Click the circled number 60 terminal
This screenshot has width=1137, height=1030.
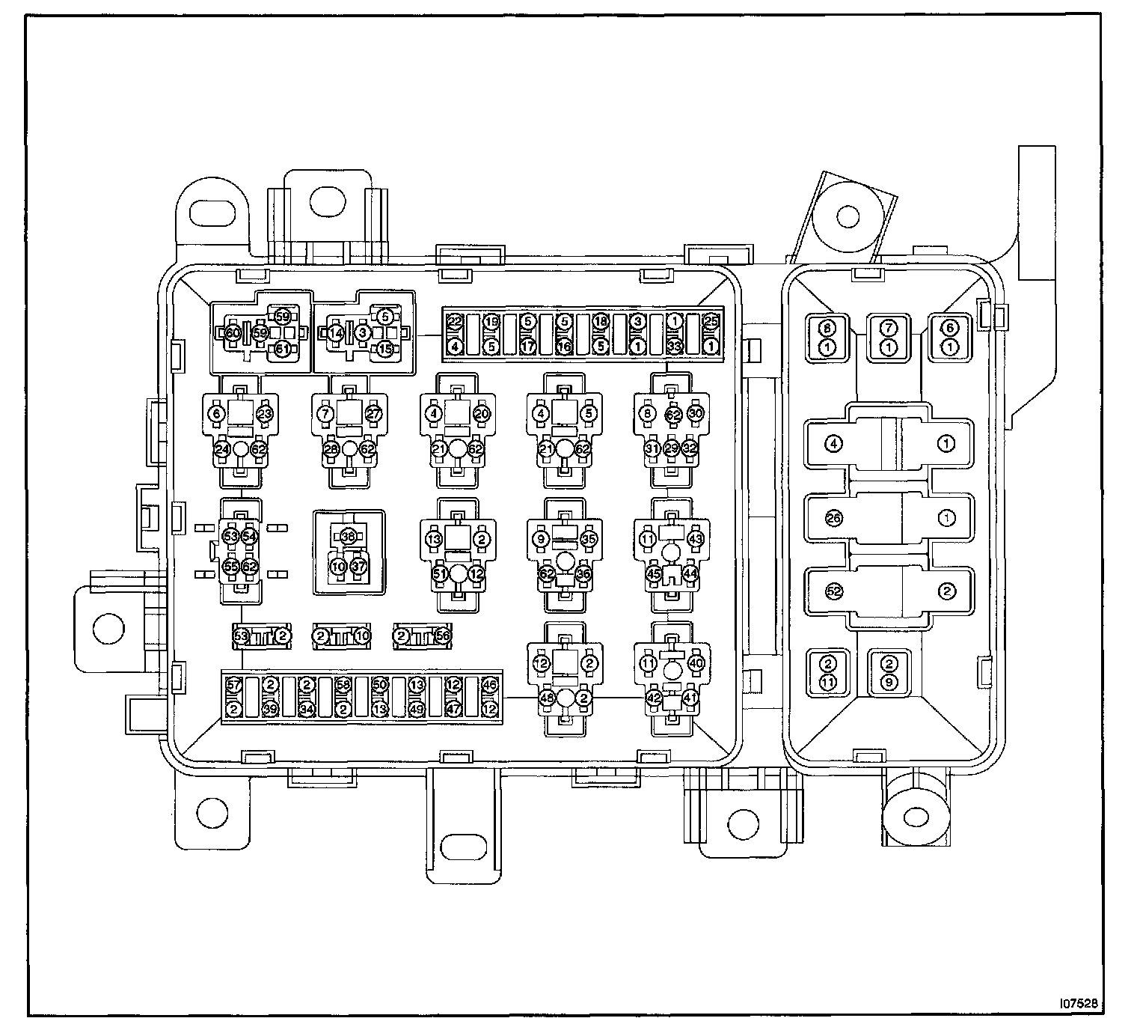pyautogui.click(x=233, y=332)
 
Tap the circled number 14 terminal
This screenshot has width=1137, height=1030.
pyautogui.click(x=337, y=332)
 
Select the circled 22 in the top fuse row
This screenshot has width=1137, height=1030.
pyautogui.click(x=454, y=323)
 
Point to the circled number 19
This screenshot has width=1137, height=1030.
pyautogui.click(x=491, y=323)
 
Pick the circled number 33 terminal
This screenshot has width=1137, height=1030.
pyautogui.click(x=674, y=347)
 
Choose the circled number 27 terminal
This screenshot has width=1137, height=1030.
pyautogui.click(x=373, y=412)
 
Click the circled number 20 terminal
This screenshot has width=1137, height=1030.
pyautogui.click(x=482, y=412)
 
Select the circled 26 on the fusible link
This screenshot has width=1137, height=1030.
pyautogui.click(x=834, y=517)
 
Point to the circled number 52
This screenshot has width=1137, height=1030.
pyautogui.click(x=834, y=591)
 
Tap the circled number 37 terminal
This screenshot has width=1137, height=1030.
pyautogui.click(x=358, y=567)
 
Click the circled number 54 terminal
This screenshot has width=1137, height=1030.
pyautogui.click(x=250, y=537)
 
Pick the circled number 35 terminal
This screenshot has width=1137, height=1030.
pyautogui.click(x=589, y=538)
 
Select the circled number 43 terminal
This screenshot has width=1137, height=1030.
pyautogui.click(x=696, y=538)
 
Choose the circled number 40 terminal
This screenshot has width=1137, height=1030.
pyautogui.click(x=696, y=662)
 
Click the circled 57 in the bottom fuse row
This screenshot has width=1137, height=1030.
pyautogui.click(x=233, y=685)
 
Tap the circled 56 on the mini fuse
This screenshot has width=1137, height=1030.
pyautogui.click(x=443, y=636)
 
